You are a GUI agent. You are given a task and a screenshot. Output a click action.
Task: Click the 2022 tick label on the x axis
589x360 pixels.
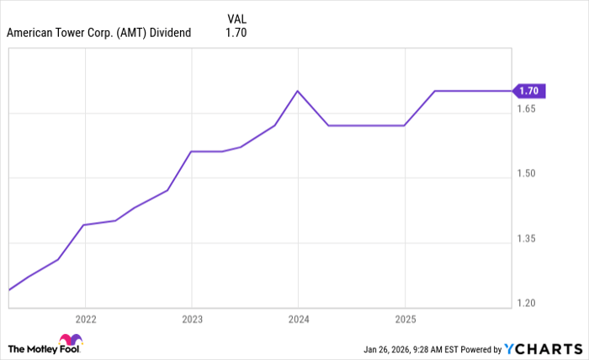coord(85,320)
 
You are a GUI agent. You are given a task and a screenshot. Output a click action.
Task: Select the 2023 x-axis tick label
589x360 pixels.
coord(192,320)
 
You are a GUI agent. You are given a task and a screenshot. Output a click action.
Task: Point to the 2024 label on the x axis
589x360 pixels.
coord(298,320)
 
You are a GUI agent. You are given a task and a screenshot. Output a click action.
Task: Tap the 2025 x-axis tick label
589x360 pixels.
coord(405,320)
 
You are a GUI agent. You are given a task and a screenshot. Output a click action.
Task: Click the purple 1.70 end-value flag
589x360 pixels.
coord(531,91)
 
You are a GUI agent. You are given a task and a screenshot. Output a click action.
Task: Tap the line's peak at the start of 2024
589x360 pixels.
coord(298,91)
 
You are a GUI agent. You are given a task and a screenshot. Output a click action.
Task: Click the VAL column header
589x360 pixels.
coord(236,18)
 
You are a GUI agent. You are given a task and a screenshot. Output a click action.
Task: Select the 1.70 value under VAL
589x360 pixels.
coord(236,33)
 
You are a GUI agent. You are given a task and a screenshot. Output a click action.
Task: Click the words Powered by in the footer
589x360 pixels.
coord(480,348)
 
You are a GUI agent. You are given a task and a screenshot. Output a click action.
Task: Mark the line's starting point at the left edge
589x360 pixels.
coord(8,290)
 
